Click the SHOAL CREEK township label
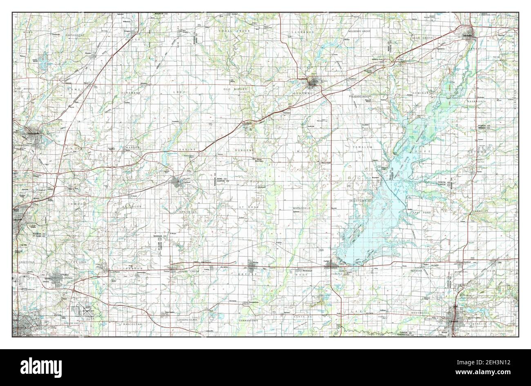pos(232,31)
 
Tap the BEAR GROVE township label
pos(422,38)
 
